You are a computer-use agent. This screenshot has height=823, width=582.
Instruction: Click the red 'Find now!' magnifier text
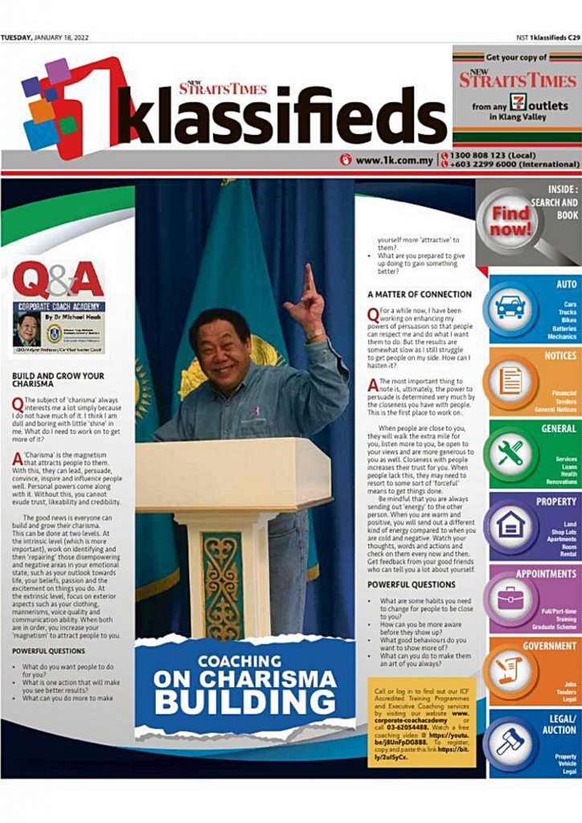[x=511, y=222]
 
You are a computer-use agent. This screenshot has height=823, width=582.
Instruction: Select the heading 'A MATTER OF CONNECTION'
[x=419, y=294]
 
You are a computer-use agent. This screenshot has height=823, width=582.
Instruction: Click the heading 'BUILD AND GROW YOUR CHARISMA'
[x=59, y=379]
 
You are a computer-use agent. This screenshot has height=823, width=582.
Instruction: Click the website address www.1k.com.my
[x=392, y=160]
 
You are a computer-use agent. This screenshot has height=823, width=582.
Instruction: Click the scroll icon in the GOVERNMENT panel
[x=509, y=669]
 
